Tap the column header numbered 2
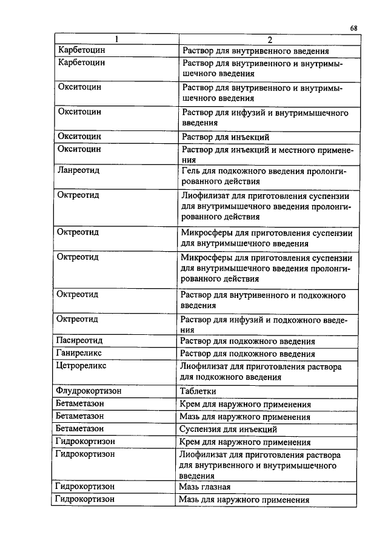point(267,40)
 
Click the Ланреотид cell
point(78,170)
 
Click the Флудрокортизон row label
point(89,391)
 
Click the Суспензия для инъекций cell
point(225,429)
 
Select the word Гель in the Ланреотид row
point(191,170)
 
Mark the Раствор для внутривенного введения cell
point(255,51)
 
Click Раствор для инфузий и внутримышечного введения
point(264,118)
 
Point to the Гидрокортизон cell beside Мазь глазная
point(85,487)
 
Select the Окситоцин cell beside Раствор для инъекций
point(79,137)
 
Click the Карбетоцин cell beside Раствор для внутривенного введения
point(81,51)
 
